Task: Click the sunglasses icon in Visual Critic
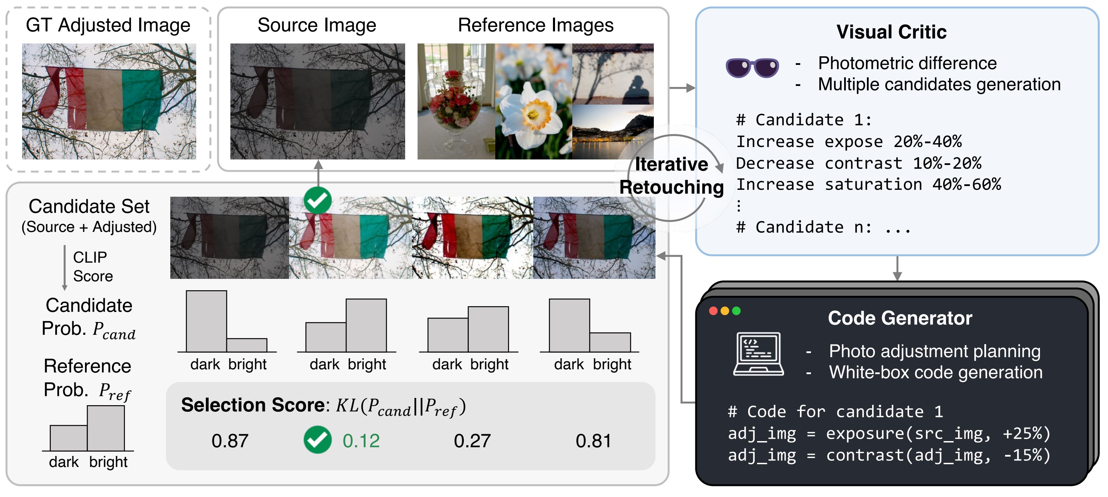tap(752, 68)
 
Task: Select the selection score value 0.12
tap(361, 441)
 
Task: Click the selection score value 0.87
tap(230, 441)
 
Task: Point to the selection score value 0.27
tap(472, 441)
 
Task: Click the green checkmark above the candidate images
tap(317, 200)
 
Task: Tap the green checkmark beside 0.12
tap(317, 440)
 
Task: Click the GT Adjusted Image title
tap(108, 25)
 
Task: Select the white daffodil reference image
tap(533, 101)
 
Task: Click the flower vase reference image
tap(456, 101)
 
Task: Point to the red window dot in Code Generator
tap(713, 311)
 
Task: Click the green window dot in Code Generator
tap(736, 311)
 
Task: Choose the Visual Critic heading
tap(891, 32)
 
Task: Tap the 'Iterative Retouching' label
tap(671, 176)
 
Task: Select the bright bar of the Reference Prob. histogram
tap(106, 428)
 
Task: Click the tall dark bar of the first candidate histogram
tap(206, 321)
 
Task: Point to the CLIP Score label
tap(92, 266)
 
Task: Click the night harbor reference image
tap(613, 132)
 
